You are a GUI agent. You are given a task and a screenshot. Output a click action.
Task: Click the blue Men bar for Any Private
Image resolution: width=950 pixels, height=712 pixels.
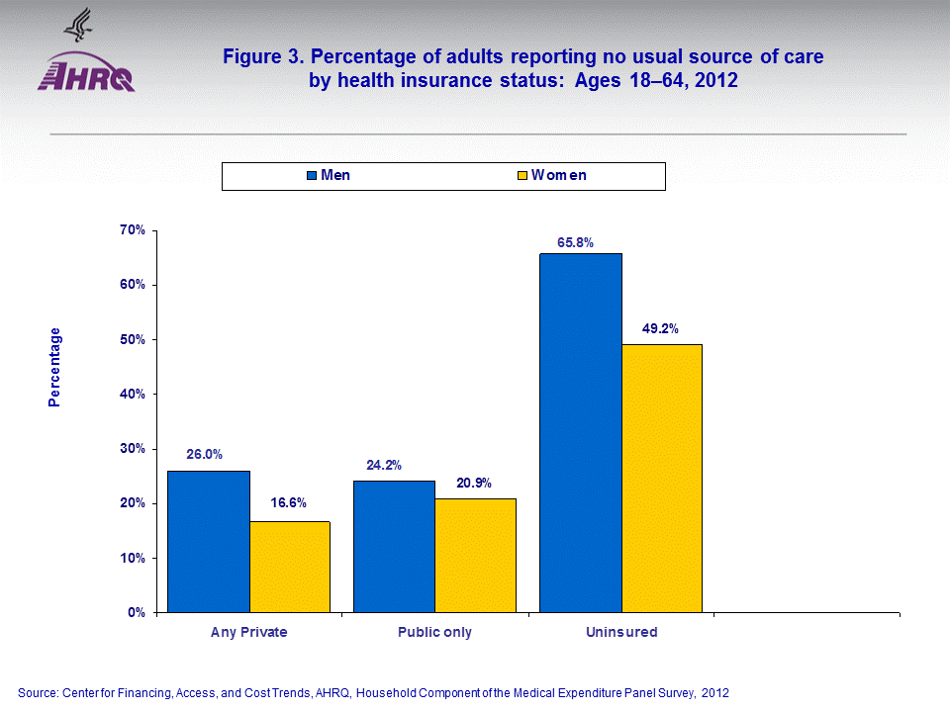click(208, 541)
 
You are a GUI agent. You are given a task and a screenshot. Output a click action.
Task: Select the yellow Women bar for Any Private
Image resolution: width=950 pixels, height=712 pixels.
click(289, 567)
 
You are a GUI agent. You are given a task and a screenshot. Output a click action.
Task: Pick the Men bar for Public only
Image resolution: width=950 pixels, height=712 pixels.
click(394, 546)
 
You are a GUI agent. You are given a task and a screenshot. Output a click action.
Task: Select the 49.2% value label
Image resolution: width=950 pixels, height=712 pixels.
click(660, 329)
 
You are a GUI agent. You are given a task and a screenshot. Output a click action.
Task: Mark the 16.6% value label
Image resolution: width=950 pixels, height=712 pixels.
click(289, 502)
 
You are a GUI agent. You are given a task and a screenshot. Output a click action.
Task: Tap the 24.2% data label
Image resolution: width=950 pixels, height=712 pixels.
click(384, 465)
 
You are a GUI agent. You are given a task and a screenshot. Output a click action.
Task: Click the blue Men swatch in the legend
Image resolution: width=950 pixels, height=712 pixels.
click(312, 176)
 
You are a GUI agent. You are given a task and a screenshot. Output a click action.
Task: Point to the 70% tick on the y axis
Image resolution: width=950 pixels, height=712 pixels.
click(132, 230)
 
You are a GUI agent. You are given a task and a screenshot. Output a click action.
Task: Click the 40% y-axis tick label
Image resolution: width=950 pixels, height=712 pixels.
click(132, 394)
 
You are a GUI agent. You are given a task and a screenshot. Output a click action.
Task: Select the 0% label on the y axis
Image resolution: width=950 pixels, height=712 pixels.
click(136, 612)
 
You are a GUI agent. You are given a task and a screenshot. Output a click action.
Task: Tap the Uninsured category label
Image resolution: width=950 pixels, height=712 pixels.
click(620, 632)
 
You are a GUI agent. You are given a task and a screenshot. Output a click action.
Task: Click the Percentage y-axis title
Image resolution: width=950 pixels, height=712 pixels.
click(55, 367)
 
